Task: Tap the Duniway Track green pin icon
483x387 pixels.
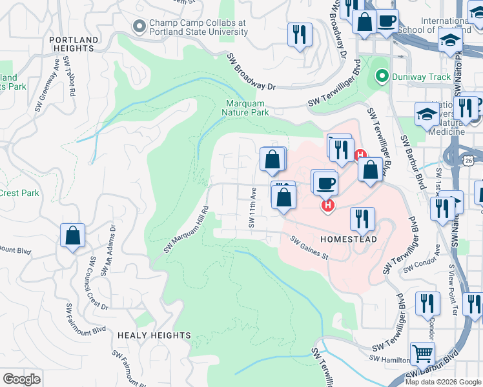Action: pos(381,77)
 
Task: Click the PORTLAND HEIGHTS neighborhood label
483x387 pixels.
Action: pos(74,44)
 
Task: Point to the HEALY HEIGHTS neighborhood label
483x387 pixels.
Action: pos(154,335)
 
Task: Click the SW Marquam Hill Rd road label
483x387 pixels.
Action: pos(187,230)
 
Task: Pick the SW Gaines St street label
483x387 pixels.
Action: pos(309,248)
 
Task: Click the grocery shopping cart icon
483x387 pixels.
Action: pos(422,353)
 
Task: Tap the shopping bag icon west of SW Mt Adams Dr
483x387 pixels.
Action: pos(72,235)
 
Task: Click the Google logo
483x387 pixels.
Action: pos(21,379)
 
